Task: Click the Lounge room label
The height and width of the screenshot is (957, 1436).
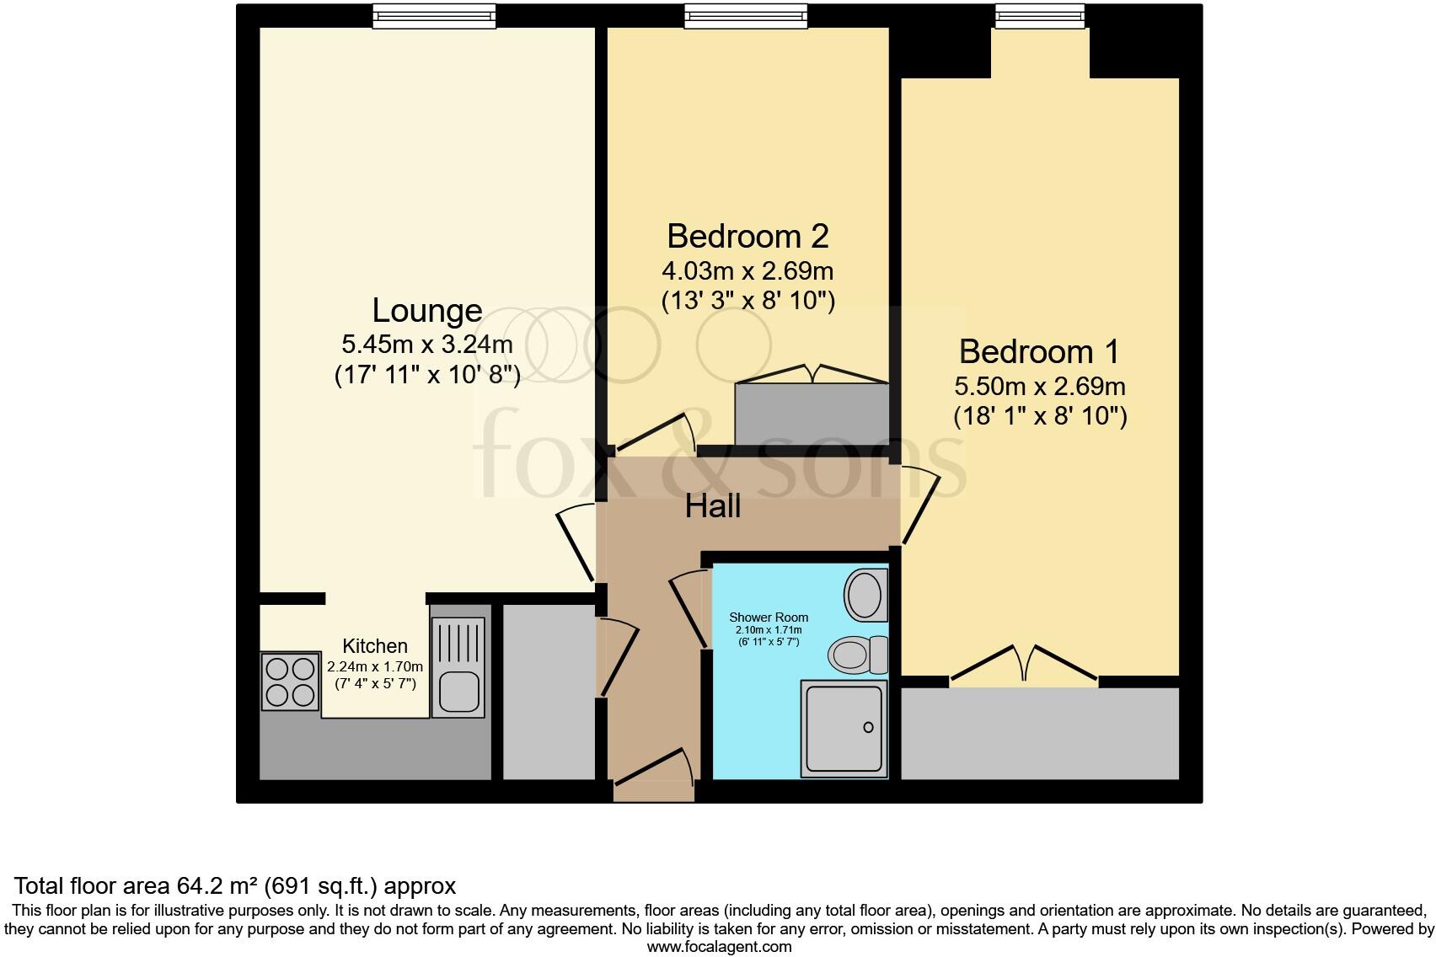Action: pos(426,311)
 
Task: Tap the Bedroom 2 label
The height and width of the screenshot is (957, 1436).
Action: pos(747,236)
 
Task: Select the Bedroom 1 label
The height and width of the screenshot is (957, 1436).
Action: pos(1038,351)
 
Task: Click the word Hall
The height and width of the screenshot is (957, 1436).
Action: pos(713,506)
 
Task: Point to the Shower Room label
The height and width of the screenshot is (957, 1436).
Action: pos(768,617)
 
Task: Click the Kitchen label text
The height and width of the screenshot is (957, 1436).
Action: pos(374,646)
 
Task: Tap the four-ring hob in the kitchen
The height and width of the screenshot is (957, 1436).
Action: pos(290,681)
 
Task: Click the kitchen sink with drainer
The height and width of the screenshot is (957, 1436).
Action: pos(458,667)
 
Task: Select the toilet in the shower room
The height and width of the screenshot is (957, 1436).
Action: pos(857,655)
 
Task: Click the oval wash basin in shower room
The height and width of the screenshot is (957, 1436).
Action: pos(865,595)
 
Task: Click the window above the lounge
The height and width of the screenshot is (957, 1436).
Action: pos(434,16)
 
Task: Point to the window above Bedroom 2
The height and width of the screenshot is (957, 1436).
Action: pos(745,16)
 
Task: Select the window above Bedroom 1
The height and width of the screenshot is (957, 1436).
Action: pos(1039,16)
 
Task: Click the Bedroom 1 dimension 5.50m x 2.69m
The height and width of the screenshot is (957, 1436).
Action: pos(1039,387)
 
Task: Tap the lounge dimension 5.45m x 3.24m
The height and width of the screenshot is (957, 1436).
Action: pos(426,345)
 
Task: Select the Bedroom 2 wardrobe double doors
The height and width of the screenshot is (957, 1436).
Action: pos(812,373)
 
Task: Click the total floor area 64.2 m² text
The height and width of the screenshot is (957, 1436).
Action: pos(235,885)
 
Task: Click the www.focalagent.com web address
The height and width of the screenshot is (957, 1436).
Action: pos(718,946)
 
